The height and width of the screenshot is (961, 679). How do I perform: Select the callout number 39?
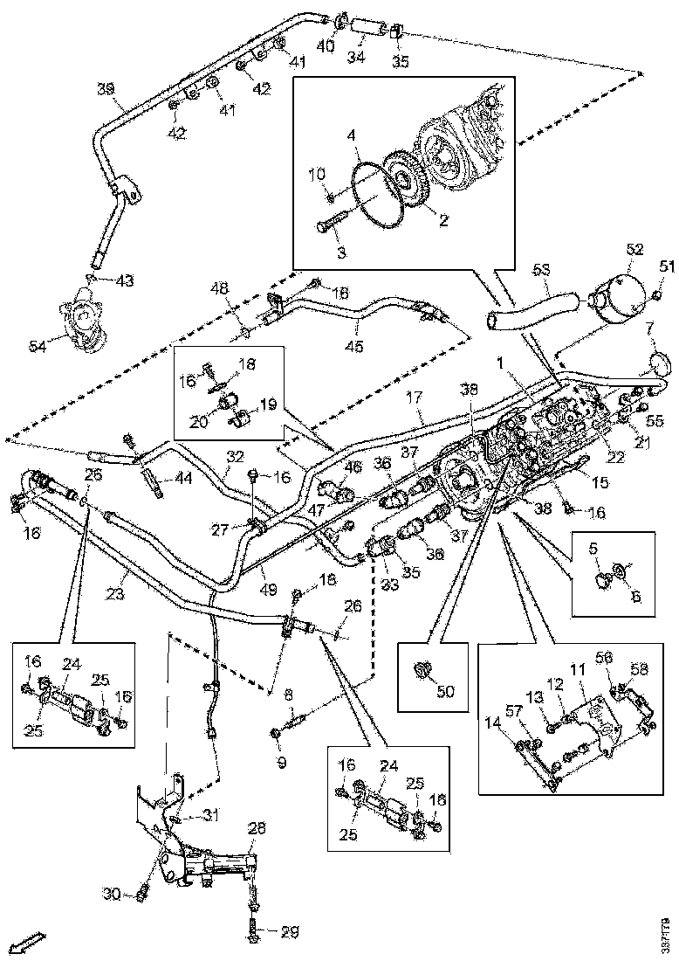106,89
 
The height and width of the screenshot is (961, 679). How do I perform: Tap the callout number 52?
634,250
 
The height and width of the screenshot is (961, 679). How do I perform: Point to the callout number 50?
447,691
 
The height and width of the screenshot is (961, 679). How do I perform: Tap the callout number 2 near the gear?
443,220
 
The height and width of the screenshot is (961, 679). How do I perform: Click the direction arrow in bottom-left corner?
31,941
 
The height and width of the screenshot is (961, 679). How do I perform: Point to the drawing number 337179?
667,934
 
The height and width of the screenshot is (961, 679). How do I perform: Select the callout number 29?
288,932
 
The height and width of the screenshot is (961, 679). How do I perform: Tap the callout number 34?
356,59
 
